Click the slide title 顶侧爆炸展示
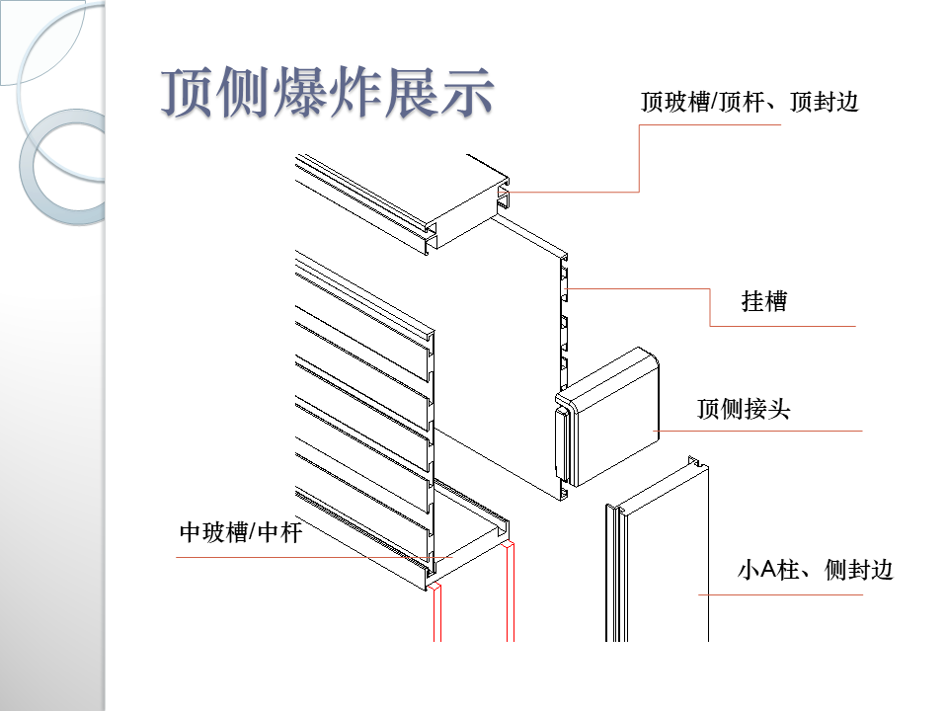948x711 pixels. [327, 95]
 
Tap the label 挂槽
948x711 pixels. [764, 301]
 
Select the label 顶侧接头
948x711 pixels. [744, 409]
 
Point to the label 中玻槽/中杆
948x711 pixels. [240, 533]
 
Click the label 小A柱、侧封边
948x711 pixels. [816, 570]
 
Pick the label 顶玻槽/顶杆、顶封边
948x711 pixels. [750, 102]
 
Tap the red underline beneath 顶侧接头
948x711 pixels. [760, 431]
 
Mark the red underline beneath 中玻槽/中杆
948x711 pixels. [296, 558]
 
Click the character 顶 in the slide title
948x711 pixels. [189, 95]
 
